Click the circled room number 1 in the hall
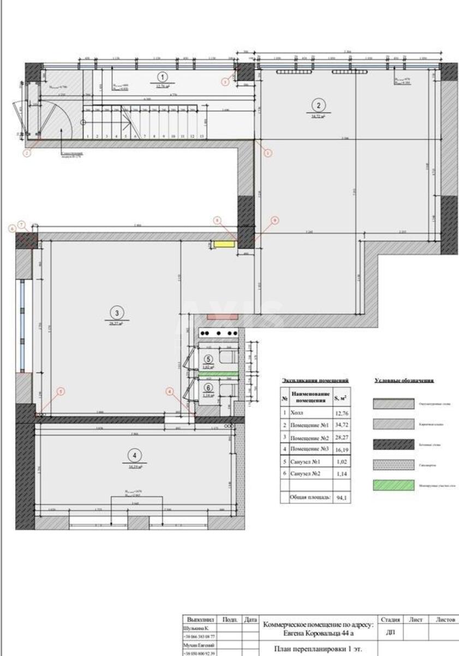(x=163, y=77)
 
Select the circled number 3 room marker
(x=116, y=313)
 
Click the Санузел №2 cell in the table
(x=309, y=473)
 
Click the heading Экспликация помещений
(x=315, y=380)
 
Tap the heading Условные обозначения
(x=404, y=380)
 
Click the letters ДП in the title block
(x=390, y=632)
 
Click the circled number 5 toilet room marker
(x=208, y=359)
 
